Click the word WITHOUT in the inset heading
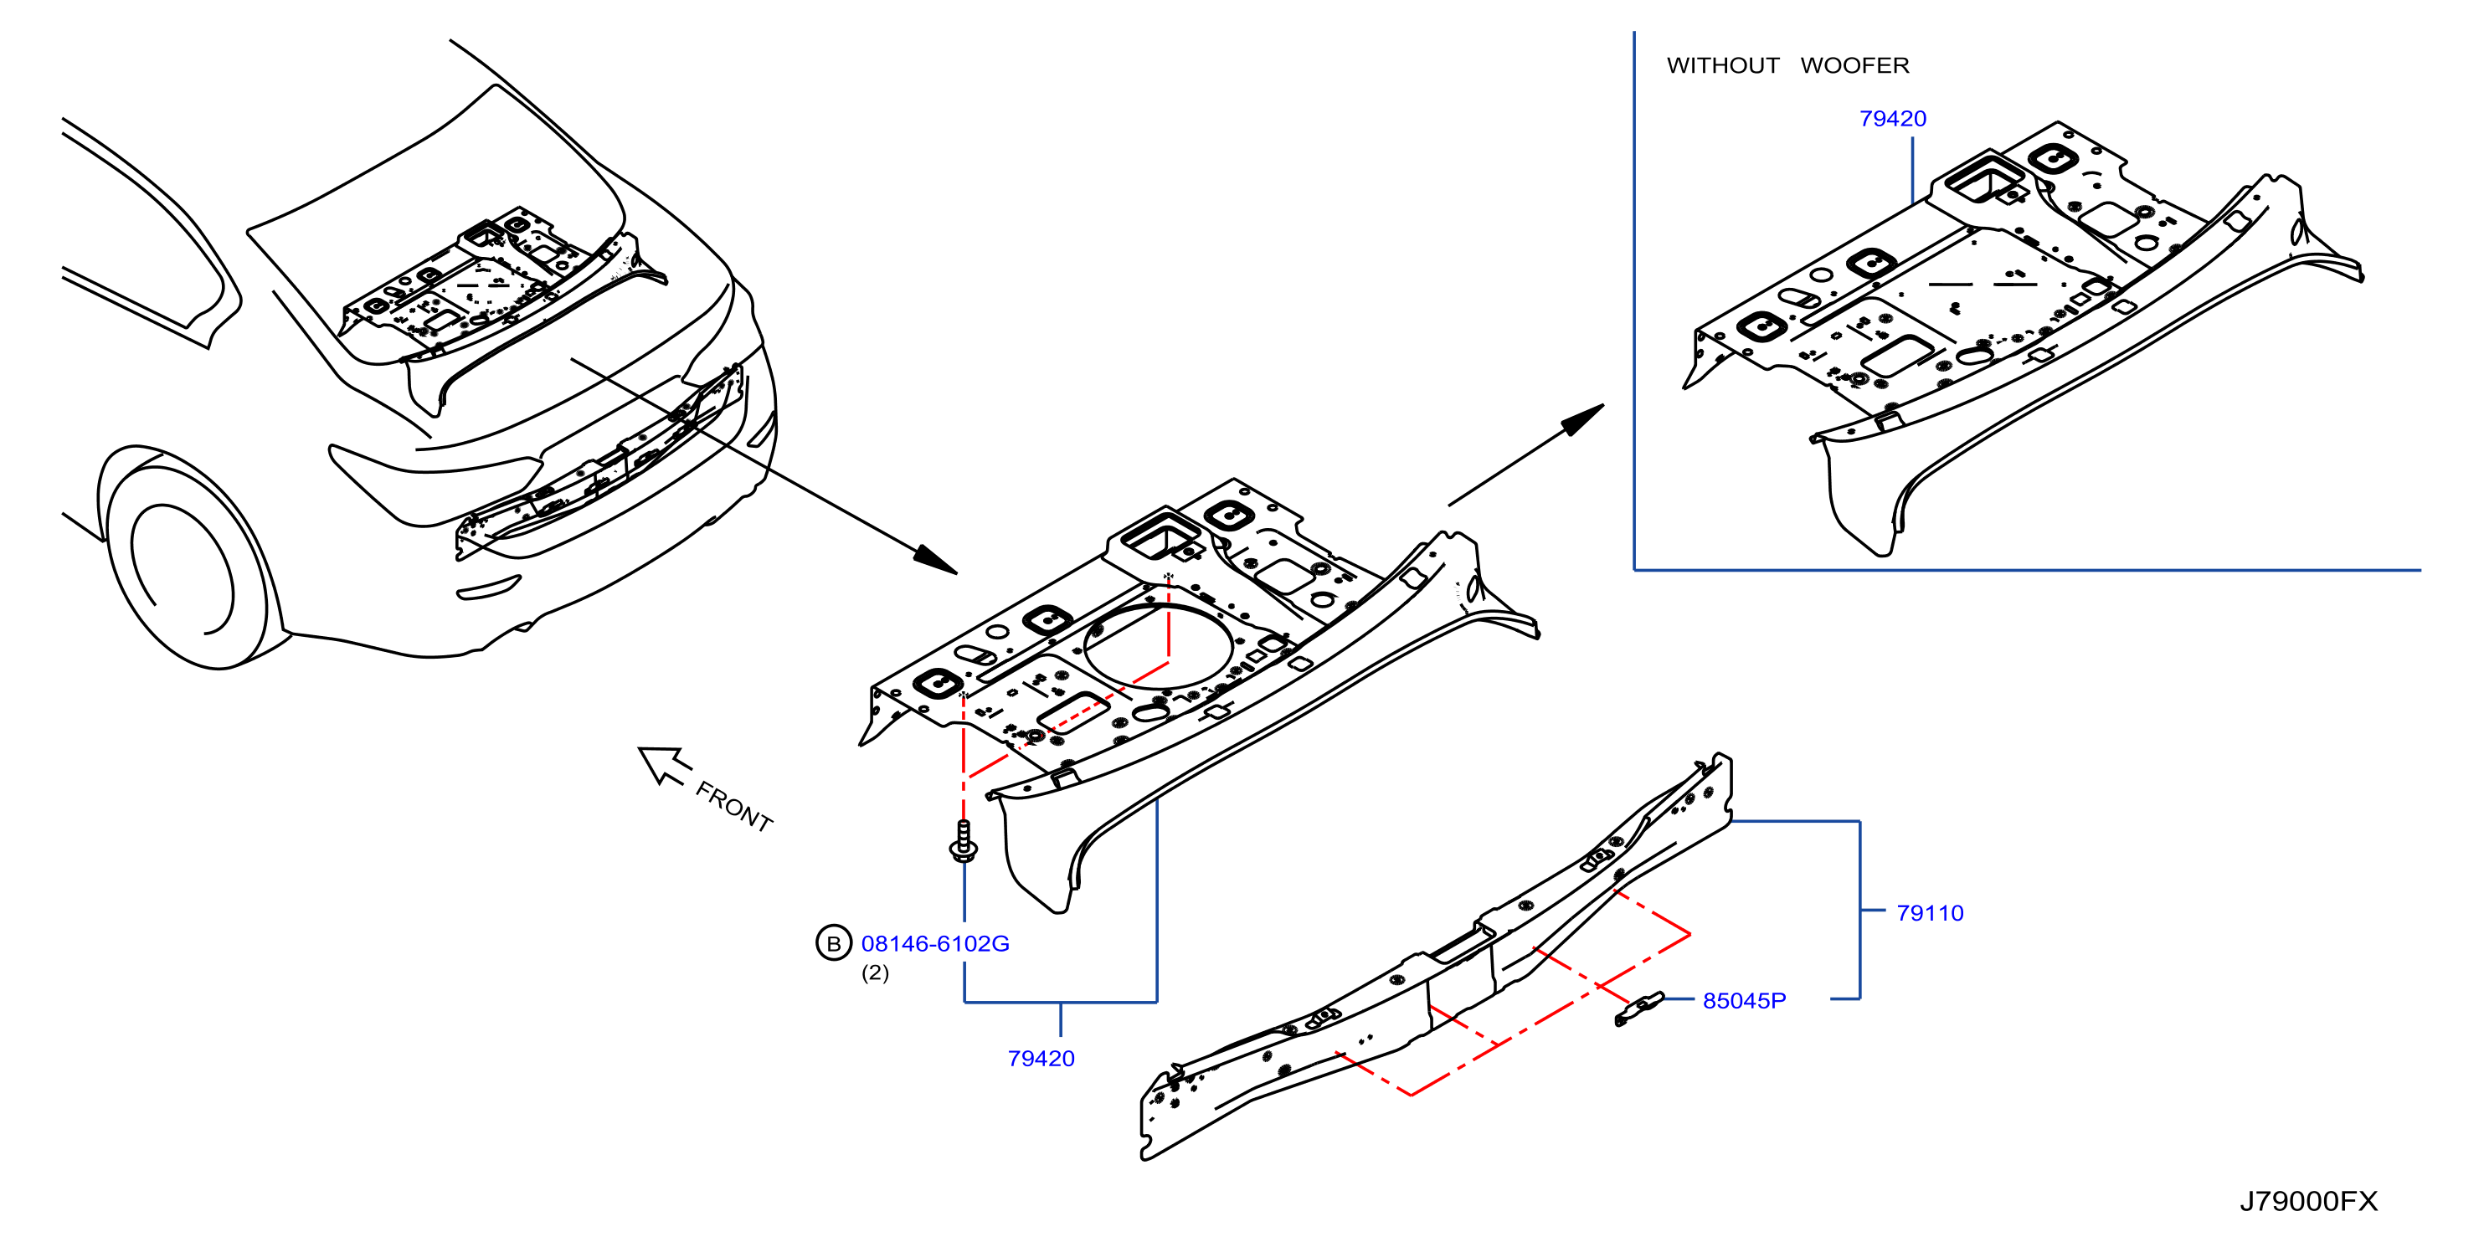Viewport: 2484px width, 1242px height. click(1722, 65)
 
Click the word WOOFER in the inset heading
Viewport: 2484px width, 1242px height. click(1854, 65)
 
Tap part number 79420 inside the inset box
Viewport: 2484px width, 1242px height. click(1892, 119)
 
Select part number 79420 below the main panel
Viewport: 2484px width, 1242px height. click(1041, 1058)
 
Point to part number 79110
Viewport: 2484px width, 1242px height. click(1930, 912)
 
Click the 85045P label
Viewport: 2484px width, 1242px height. click(1743, 1000)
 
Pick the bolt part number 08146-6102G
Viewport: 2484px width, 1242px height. click(934, 943)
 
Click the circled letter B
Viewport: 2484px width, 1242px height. click(833, 943)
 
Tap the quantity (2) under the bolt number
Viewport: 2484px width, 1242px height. click(875, 973)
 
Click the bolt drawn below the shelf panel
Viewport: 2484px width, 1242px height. click(964, 841)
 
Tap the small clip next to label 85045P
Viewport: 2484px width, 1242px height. click(1639, 1008)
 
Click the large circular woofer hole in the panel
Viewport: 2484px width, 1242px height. click(1158, 645)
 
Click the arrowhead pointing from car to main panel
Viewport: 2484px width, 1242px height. click(934, 559)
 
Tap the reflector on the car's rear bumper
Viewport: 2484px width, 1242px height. click(488, 588)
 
